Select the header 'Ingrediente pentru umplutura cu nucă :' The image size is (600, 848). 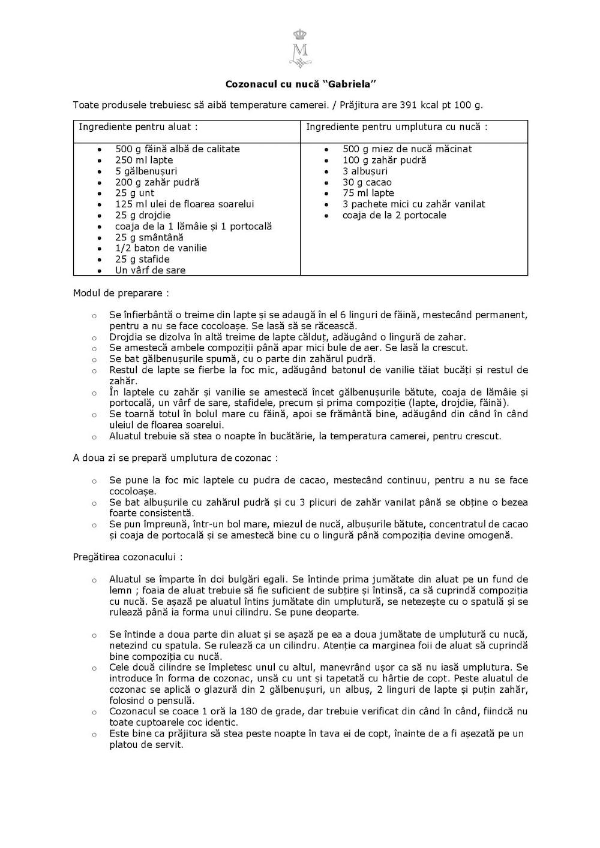point(397,127)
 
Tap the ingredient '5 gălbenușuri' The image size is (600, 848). point(144,171)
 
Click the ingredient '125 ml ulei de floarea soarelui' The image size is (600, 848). point(184,204)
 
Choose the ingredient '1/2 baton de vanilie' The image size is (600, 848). point(161,248)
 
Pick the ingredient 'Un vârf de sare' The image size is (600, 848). point(150,270)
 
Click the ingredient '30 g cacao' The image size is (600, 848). point(367,182)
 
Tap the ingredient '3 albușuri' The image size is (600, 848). point(365,171)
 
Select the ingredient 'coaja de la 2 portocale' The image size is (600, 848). point(394,215)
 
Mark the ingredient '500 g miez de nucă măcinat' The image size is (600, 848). point(407,149)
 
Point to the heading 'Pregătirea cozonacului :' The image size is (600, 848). point(128,557)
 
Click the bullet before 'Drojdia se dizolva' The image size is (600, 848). point(94,337)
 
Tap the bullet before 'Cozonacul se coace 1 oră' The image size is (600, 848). point(94,712)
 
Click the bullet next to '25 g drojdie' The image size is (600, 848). point(99,215)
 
